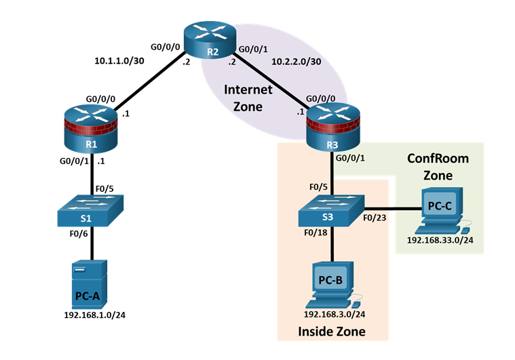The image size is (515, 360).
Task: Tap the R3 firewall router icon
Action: pyautogui.click(x=332, y=127)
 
